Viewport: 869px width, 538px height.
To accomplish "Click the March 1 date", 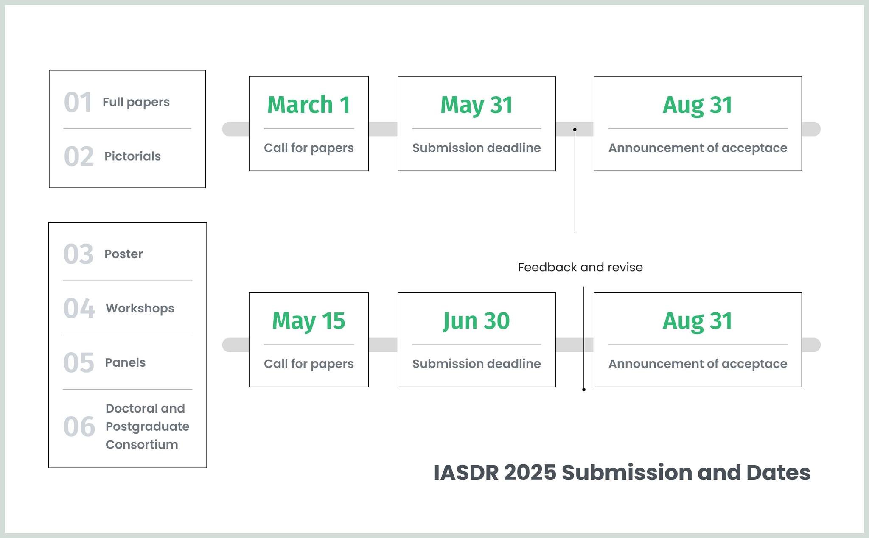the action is pyautogui.click(x=308, y=104).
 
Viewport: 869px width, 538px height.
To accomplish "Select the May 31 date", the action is pyautogui.click(x=477, y=105).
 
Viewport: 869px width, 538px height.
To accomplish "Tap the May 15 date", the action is pyautogui.click(x=308, y=321).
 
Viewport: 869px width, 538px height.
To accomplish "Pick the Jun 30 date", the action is pyautogui.click(x=477, y=321).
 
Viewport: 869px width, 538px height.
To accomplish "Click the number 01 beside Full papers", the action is pyautogui.click(x=78, y=102).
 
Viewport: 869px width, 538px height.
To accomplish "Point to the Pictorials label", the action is pyautogui.click(x=132, y=156).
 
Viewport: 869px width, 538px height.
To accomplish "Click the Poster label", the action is pyautogui.click(x=123, y=254).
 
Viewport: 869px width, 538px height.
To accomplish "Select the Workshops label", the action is pyautogui.click(x=140, y=308).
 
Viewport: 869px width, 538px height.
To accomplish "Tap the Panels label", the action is pyautogui.click(x=125, y=362).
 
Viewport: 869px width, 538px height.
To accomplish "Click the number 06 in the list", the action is pyautogui.click(x=79, y=426).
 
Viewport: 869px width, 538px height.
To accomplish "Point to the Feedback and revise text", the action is pyautogui.click(x=580, y=267).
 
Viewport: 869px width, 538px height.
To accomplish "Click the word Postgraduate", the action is pyautogui.click(x=147, y=426).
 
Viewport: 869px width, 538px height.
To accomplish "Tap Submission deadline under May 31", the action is pyautogui.click(x=477, y=148).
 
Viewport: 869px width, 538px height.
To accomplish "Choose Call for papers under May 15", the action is pyautogui.click(x=308, y=364).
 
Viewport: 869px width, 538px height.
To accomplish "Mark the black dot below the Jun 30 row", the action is pyautogui.click(x=584, y=390).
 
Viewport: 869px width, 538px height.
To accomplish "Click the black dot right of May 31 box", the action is pyautogui.click(x=575, y=130).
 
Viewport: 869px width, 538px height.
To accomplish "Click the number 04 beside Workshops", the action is pyautogui.click(x=79, y=308).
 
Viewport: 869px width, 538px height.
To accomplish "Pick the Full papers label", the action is pyautogui.click(x=136, y=102).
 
